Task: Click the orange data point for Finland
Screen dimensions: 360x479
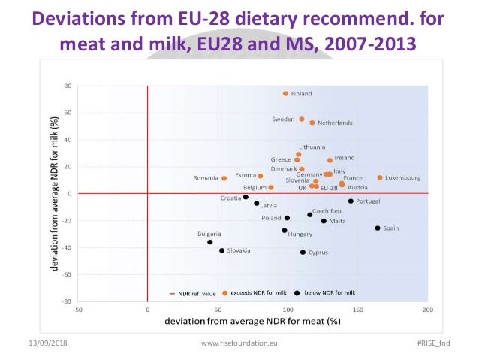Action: (x=285, y=94)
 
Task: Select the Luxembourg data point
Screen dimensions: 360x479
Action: (x=380, y=178)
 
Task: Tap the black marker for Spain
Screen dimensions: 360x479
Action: (x=378, y=228)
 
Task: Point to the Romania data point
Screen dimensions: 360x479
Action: (x=224, y=179)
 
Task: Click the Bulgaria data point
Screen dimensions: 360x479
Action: (x=210, y=242)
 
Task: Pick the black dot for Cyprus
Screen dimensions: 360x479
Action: (x=303, y=253)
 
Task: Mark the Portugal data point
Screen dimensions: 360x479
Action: (x=351, y=201)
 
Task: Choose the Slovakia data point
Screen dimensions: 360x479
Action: (x=221, y=251)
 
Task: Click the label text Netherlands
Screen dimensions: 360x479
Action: (x=335, y=123)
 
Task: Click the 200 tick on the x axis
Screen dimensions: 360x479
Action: (x=429, y=309)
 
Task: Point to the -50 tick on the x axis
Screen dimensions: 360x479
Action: (x=77, y=309)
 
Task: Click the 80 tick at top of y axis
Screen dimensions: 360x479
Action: (x=67, y=86)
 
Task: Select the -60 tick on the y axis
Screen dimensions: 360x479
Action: (x=65, y=275)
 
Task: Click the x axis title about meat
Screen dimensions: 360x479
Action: (x=252, y=321)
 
